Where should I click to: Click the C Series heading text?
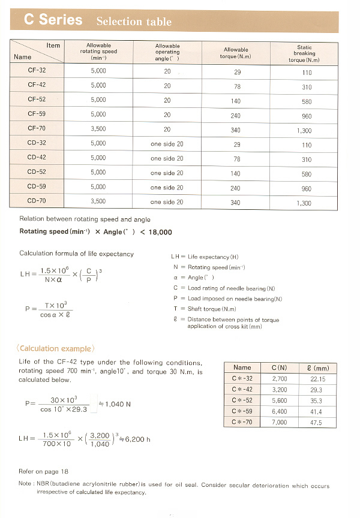53,20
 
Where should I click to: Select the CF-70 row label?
37,128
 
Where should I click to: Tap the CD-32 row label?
37,143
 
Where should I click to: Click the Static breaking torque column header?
304,53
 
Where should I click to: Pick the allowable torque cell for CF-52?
235,101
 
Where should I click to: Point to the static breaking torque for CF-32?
307,73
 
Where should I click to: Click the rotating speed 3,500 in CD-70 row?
98,201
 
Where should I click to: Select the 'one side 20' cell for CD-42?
167,159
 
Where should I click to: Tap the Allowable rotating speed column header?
98,52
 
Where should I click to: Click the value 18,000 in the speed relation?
160,232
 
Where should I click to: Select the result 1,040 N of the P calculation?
118,404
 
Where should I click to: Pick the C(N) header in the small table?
278,368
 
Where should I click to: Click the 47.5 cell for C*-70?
316,423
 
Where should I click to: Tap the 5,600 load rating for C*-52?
280,400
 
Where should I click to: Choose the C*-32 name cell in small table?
242,379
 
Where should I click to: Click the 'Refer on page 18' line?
44,472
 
